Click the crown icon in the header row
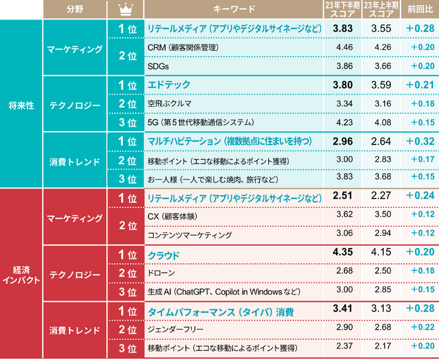pos(125,9)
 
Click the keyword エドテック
pos(169,85)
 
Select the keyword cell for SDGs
pos(157,67)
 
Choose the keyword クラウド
pos(164,255)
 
